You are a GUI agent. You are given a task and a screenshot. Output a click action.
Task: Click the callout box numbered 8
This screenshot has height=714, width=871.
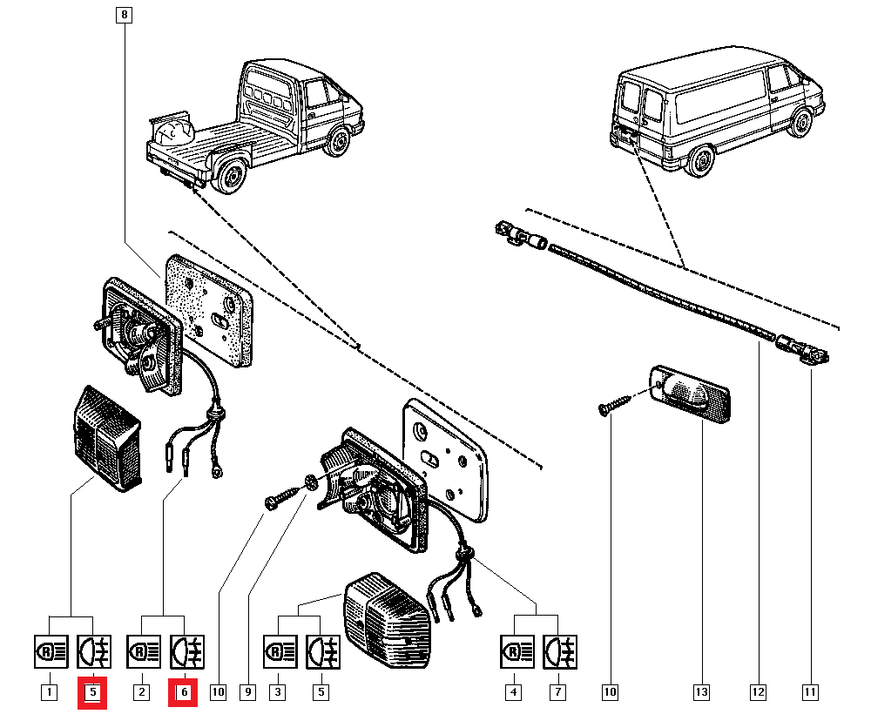coord(124,15)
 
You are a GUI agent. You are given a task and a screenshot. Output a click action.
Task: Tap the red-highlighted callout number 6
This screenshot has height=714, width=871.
coord(184,692)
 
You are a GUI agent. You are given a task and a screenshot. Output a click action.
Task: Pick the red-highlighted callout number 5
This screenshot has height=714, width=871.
coord(92,692)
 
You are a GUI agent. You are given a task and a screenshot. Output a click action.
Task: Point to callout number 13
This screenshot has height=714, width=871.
coord(701,692)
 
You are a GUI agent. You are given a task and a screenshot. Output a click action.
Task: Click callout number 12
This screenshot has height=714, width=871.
coord(758,692)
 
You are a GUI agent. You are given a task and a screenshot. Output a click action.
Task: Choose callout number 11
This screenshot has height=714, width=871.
coord(810,692)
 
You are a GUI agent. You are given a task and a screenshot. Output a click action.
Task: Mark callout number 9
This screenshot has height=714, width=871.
coord(248,692)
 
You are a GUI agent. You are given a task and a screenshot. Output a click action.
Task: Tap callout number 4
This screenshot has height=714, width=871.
coord(514,692)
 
